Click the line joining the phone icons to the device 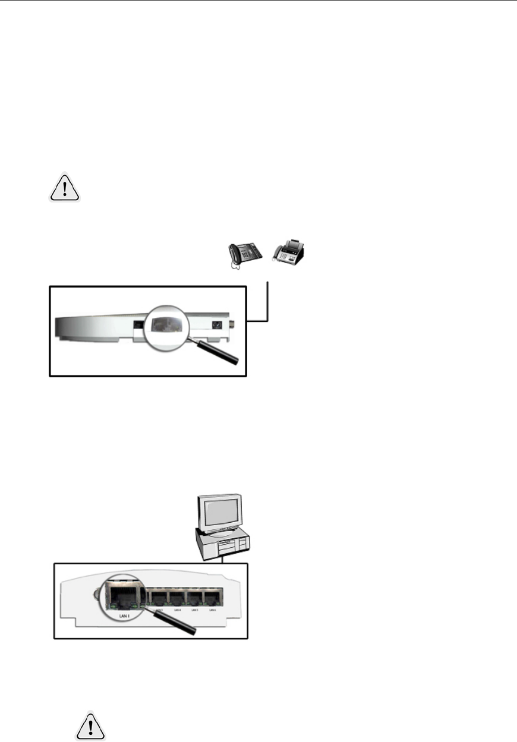point(269,303)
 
